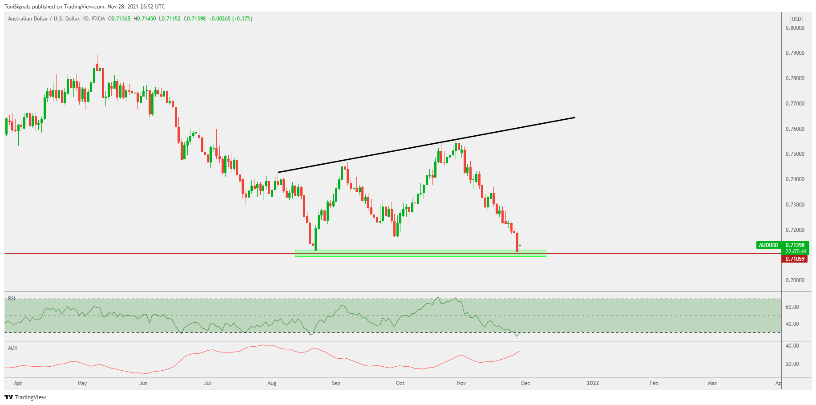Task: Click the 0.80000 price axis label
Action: [795, 28]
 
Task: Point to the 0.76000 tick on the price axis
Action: [795, 129]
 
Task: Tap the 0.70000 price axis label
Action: [795, 280]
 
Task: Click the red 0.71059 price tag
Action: [795, 259]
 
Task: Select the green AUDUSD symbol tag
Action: [768, 245]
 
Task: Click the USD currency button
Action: [796, 19]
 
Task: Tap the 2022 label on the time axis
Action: [593, 383]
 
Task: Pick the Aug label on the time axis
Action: [272, 383]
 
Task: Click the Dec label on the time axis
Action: [525, 383]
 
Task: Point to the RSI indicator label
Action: [12, 299]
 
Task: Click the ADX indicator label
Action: [13, 348]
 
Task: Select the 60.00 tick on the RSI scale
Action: [792, 307]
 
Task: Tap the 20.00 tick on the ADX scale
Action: [792, 364]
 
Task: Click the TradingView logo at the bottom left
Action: [25, 397]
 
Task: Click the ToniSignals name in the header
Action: [17, 7]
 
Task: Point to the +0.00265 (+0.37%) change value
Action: [230, 19]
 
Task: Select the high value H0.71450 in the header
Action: [145, 19]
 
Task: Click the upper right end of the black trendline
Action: [575, 117]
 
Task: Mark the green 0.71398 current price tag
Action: [795, 245]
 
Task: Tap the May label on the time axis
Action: [82, 383]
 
